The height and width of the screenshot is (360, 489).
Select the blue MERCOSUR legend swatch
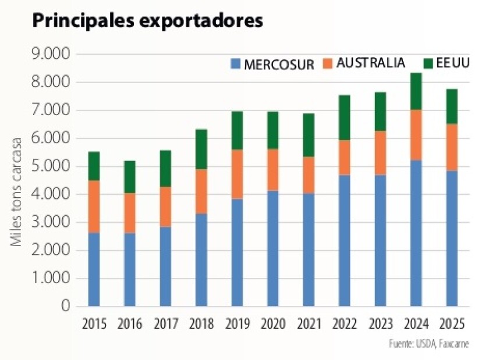(236, 63)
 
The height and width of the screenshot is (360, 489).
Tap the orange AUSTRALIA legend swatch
(327, 63)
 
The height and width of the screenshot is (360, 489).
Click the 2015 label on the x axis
(94, 323)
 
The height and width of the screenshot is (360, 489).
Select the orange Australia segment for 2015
(94, 206)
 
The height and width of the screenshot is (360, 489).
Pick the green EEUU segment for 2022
(345, 117)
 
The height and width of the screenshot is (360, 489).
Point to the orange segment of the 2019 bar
(238, 174)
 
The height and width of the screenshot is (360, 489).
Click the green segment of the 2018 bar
(201, 149)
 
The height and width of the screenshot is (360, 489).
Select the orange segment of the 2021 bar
(309, 175)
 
